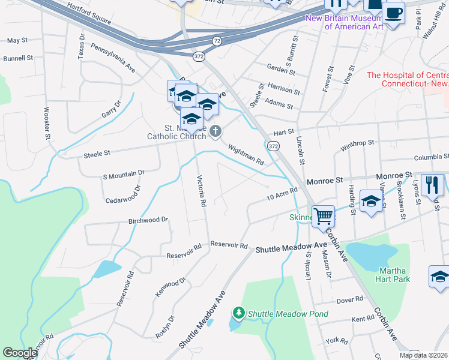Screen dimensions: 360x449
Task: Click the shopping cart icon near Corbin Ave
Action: click(x=323, y=216)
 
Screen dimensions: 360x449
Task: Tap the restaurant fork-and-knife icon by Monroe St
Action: click(x=432, y=185)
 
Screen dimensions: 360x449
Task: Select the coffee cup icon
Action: click(x=393, y=13)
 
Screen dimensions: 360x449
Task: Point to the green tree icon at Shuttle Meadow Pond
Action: click(x=239, y=313)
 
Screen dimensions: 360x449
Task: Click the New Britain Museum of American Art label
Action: click(x=344, y=22)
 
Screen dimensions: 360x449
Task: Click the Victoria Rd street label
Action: click(x=202, y=191)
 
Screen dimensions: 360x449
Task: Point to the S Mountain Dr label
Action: click(x=124, y=173)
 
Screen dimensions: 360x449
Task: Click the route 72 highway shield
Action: click(x=216, y=41)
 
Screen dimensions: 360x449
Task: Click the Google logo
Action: click(x=20, y=353)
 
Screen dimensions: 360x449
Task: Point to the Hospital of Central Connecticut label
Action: click(x=408, y=79)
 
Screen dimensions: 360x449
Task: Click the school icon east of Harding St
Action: click(x=371, y=201)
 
